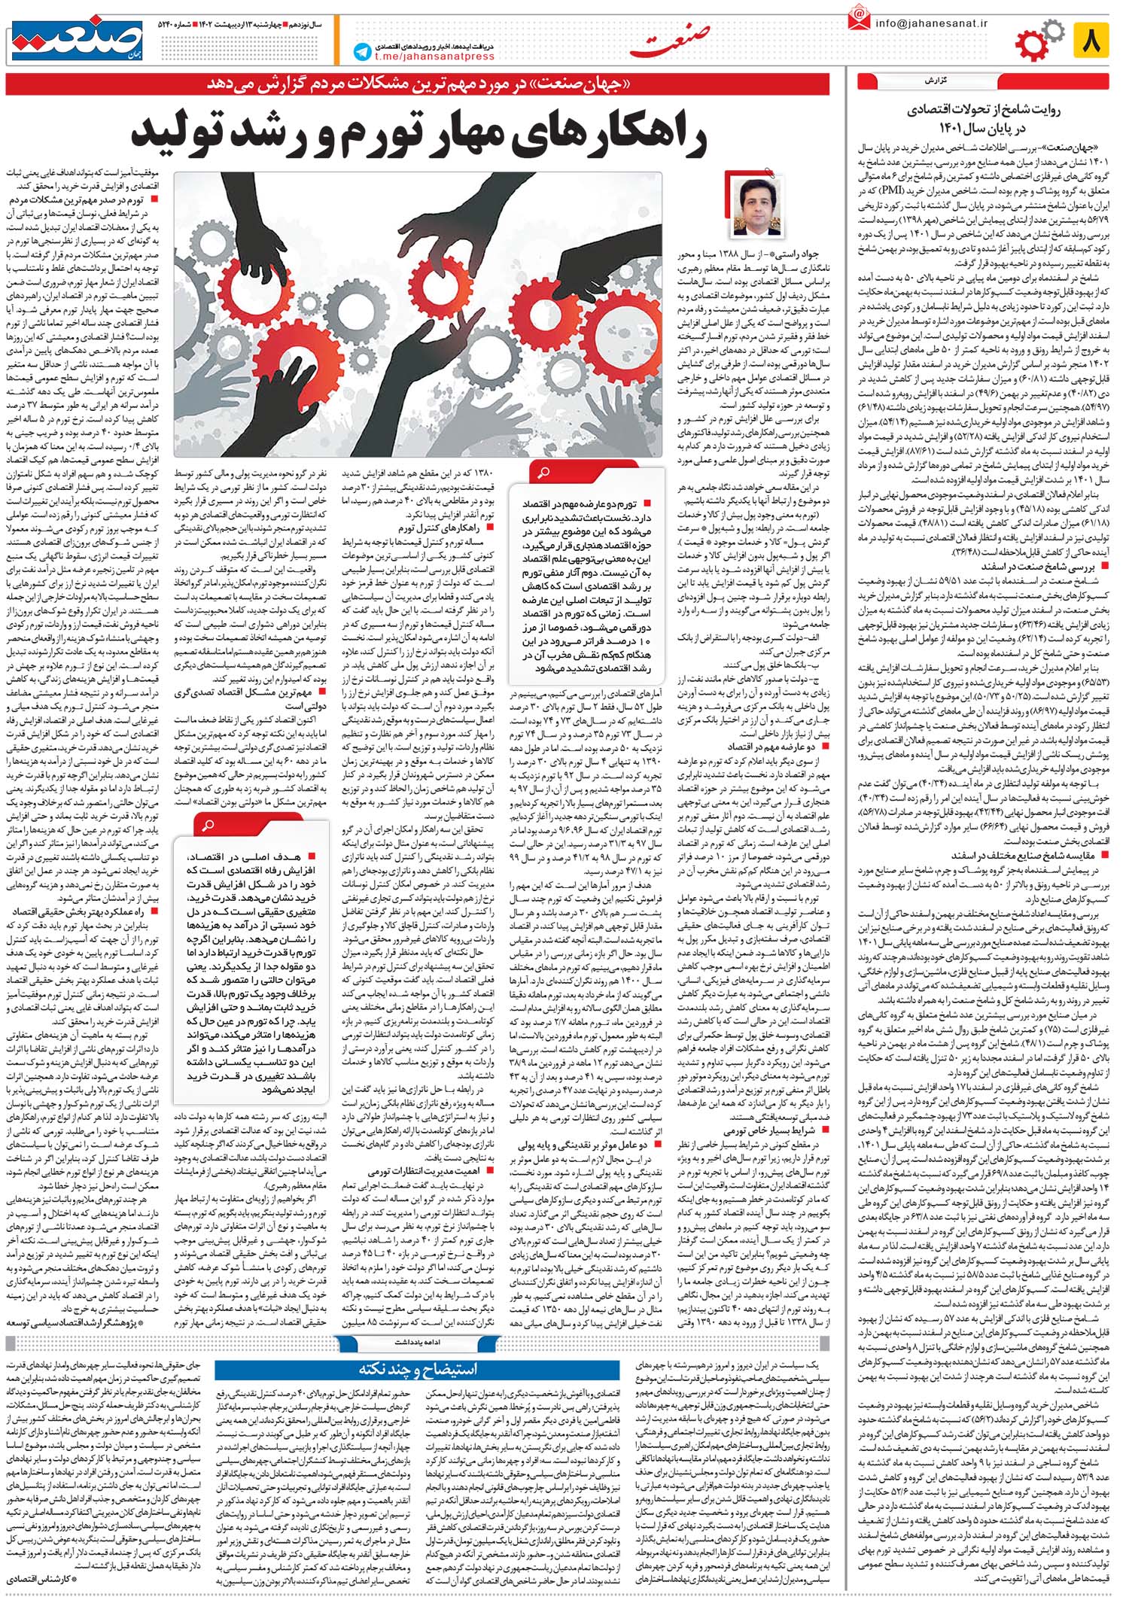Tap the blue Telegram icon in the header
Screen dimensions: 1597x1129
(x=363, y=52)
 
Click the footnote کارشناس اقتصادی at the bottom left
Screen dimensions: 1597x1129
(x=44, y=1577)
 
